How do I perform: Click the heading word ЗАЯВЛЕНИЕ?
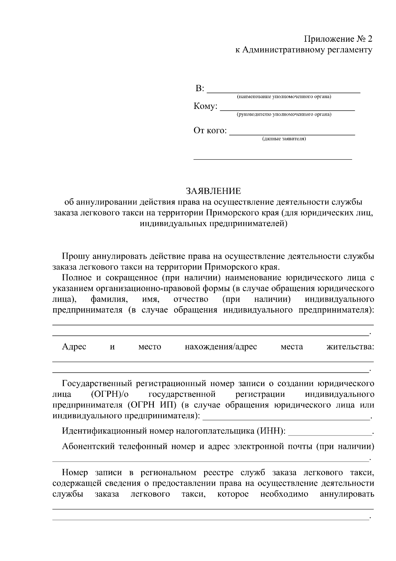click(213, 191)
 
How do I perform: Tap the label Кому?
click(205, 106)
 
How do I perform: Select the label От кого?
click(210, 131)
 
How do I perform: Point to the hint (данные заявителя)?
click(284, 139)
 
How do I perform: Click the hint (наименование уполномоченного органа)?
click(284, 97)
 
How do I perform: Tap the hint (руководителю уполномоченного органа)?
click(284, 114)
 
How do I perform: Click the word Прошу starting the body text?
click(76, 256)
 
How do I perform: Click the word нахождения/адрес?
click(221, 347)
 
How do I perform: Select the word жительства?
click(350, 347)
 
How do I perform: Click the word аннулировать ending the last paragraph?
click(347, 494)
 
